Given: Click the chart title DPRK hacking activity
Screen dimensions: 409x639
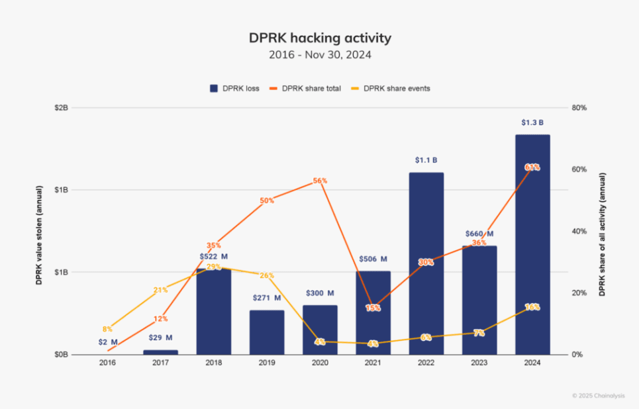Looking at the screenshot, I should [320, 38].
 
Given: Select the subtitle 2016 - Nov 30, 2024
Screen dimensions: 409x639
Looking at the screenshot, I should [320, 55].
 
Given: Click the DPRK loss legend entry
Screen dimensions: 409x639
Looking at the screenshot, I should [235, 88].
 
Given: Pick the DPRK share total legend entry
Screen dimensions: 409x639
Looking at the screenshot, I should [306, 88].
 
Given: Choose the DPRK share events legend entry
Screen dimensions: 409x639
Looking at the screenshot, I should [391, 88].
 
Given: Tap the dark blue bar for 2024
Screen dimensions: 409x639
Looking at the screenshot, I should [532, 245].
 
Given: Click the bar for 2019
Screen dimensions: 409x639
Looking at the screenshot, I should [267, 332].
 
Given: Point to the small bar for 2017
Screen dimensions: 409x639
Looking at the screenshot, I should [160, 352].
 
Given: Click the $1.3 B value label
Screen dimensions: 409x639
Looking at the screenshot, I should [532, 122].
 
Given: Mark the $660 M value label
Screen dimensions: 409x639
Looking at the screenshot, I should [479, 234].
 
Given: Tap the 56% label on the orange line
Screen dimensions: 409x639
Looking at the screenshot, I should [320, 181].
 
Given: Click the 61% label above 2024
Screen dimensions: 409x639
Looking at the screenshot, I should [532, 167].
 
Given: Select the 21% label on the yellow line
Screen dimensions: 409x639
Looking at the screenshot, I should [160, 290].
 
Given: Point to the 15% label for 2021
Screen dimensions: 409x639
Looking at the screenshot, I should [373, 308].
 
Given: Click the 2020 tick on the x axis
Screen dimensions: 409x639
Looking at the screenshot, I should [320, 363].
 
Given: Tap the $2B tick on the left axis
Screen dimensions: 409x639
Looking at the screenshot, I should [61, 107].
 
